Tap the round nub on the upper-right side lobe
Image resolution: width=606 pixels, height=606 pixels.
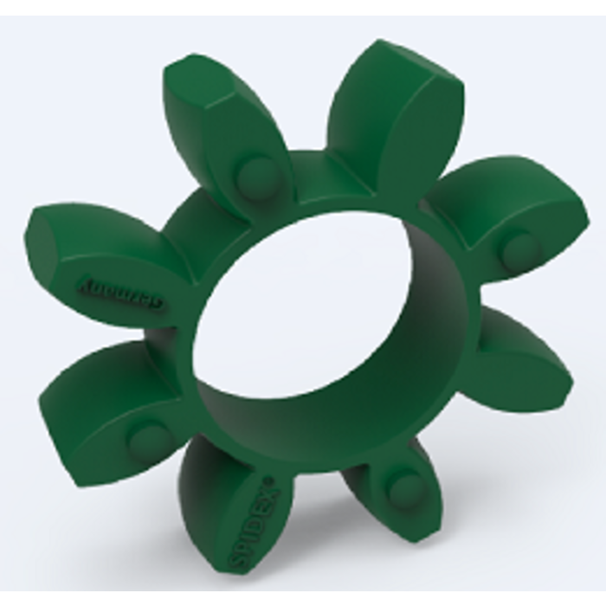point(519,250)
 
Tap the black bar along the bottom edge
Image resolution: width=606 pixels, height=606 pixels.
point(303,598)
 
